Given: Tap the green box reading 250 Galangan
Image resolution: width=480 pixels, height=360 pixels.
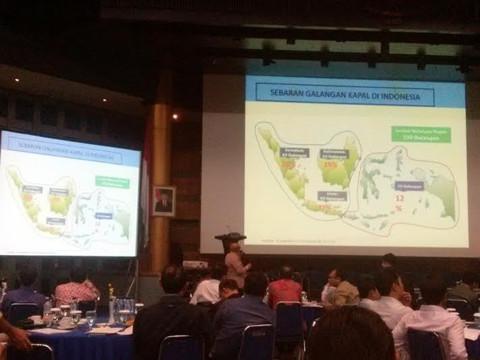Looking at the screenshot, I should coord(421,134).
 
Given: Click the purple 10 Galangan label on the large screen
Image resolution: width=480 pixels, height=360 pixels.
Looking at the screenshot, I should coord(408,186).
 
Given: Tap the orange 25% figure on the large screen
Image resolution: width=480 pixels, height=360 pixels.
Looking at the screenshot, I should coord(330,165).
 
